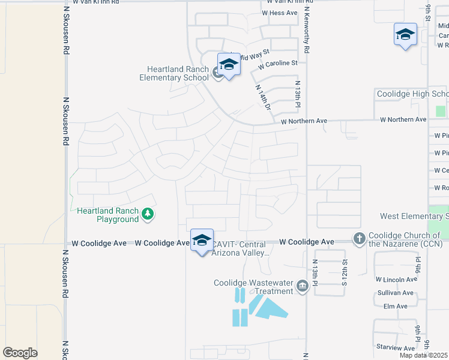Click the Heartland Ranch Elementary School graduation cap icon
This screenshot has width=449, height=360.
[228, 64]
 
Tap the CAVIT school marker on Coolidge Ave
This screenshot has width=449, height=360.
[202, 241]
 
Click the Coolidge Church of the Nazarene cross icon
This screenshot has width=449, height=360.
[359, 238]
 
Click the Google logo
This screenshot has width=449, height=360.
[20, 352]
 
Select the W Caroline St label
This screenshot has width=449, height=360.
[277, 62]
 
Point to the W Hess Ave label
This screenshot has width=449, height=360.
[279, 13]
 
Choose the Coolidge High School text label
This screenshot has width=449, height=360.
[412, 94]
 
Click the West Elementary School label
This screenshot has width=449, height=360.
[414, 216]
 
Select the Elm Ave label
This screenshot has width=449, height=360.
[395, 306]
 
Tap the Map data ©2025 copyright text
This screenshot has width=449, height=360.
[424, 355]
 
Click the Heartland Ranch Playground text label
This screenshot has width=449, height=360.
[108, 215]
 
